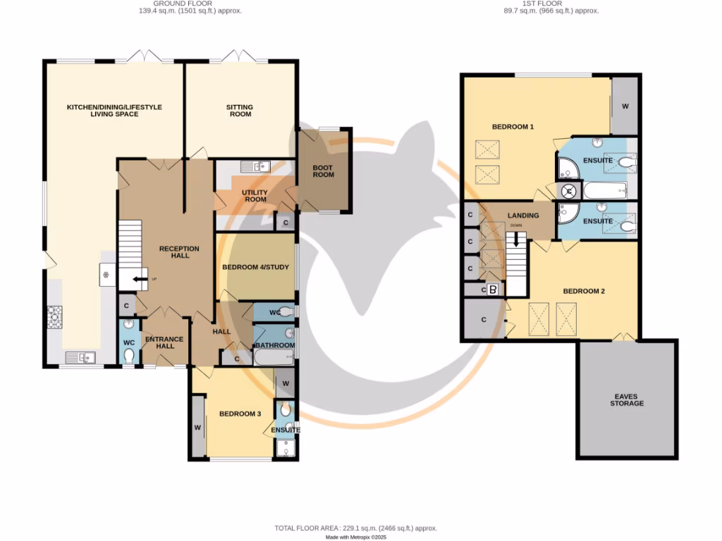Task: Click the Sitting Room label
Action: coord(240,111)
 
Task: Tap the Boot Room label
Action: coord(324,171)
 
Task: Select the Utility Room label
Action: coord(254,196)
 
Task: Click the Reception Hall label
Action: coord(179,252)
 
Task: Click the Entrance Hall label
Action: coord(164,342)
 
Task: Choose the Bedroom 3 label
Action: coord(240,413)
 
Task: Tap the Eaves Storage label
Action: coord(627,400)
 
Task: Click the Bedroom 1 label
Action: coord(513,127)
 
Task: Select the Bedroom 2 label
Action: coord(584,291)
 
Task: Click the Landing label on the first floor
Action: coord(522,216)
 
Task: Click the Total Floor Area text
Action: coord(356,528)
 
